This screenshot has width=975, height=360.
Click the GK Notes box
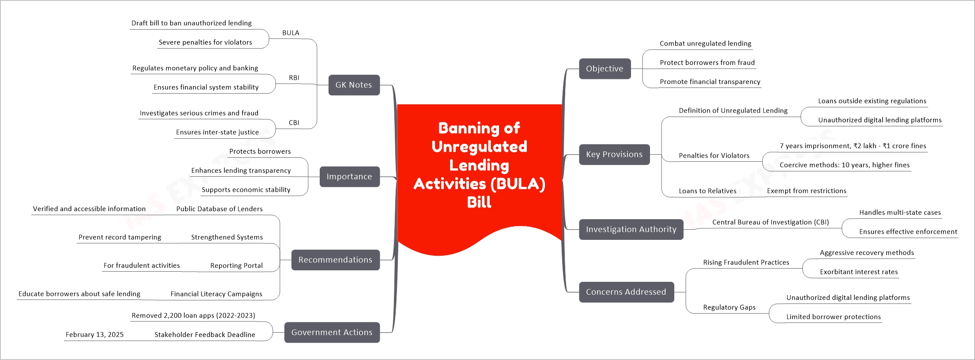click(x=354, y=85)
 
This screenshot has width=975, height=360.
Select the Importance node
click(x=349, y=177)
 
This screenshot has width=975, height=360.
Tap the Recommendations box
click(x=335, y=260)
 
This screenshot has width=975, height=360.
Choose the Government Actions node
click(x=332, y=332)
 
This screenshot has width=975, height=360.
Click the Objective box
click(x=605, y=68)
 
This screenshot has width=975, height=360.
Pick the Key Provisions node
click(x=614, y=154)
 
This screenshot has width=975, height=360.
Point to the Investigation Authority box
click(x=631, y=229)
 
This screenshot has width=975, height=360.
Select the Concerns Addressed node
click(x=626, y=292)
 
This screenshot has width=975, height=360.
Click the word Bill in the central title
click(x=479, y=202)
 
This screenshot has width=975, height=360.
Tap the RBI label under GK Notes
click(x=294, y=78)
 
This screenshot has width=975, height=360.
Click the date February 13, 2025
click(x=94, y=334)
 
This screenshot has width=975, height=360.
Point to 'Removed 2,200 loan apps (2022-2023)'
click(x=193, y=315)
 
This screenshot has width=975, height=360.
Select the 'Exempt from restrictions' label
click(x=806, y=191)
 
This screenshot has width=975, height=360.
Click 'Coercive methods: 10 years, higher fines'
click(x=844, y=165)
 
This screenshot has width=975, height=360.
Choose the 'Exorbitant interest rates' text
click(x=858, y=272)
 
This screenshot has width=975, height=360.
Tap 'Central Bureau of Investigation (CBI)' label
click(x=770, y=222)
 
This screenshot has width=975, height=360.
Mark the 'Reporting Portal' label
click(x=236, y=265)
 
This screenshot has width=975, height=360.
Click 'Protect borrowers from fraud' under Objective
click(x=707, y=63)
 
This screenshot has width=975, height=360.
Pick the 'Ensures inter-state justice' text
click(x=217, y=132)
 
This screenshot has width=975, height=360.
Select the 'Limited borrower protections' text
click(x=833, y=317)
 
